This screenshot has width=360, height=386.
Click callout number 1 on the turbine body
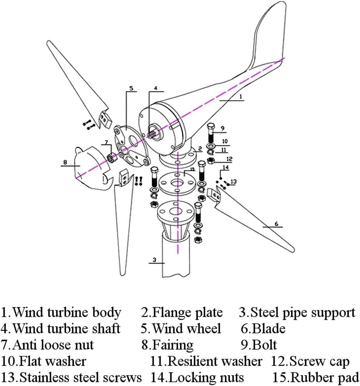click(241, 96)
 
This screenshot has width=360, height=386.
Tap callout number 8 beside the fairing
click(65, 162)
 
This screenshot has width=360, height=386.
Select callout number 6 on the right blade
click(277, 224)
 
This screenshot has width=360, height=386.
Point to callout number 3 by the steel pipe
click(154, 260)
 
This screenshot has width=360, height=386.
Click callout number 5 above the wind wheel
click(131, 88)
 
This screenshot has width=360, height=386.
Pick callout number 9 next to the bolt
click(222, 128)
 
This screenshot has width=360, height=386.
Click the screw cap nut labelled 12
click(211, 161)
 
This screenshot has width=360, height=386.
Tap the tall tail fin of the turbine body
click(268, 33)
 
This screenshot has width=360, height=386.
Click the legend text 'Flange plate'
click(182, 313)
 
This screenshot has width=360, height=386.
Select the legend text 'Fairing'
click(168, 345)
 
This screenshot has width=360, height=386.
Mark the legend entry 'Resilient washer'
click(206, 361)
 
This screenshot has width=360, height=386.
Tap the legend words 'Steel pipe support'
click(297, 313)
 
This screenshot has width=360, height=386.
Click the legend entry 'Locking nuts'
click(197, 377)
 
